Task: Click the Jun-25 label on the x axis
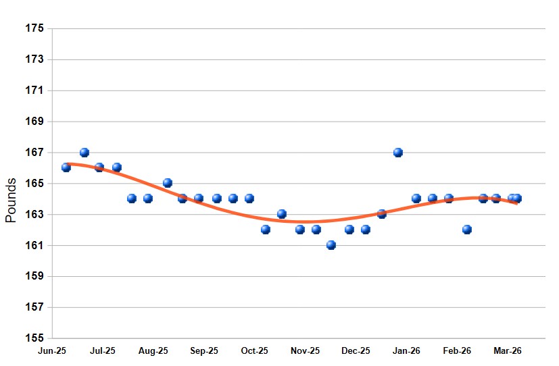[52, 351]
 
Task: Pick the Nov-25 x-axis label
[306, 351]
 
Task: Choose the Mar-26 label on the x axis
[508, 351]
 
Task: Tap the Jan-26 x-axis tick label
[407, 351]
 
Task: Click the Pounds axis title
[11, 201]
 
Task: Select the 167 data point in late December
[398, 153]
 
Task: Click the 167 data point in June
[84, 153]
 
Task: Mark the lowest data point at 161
[331, 245]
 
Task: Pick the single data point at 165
[168, 183]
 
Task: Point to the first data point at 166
[66, 167]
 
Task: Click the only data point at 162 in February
[467, 230]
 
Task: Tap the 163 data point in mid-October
[282, 214]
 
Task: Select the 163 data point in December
[382, 214]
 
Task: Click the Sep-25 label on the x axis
[204, 351]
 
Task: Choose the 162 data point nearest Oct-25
[266, 230]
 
